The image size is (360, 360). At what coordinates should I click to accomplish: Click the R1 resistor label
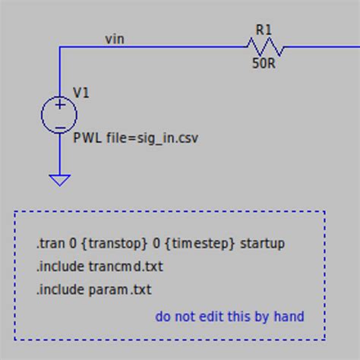(x=264, y=30)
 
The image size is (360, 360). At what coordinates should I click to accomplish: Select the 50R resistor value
(x=264, y=65)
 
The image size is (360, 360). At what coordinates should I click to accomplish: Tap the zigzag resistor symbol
(x=265, y=48)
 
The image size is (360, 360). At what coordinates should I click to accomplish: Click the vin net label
(x=115, y=39)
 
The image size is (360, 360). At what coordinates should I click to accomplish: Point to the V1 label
(x=81, y=93)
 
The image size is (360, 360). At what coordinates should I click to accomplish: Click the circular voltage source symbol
(x=59, y=115)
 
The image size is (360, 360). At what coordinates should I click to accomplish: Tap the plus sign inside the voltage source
(x=59, y=106)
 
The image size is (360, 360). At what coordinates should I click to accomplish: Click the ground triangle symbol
(x=59, y=180)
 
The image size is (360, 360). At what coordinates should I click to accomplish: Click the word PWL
(x=85, y=138)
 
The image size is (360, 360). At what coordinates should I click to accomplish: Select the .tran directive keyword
(x=49, y=244)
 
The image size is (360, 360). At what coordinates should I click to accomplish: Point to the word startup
(x=262, y=244)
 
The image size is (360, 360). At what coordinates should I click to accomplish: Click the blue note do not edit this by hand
(x=229, y=316)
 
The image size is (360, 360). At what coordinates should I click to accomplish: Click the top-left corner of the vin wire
(x=60, y=48)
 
